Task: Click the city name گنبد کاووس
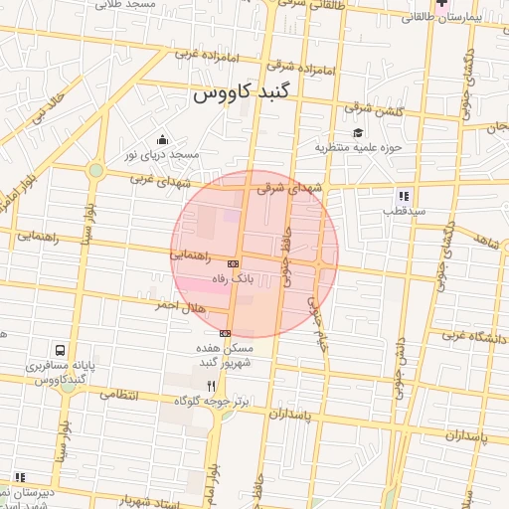[244, 95]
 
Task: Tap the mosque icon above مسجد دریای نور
[162, 139]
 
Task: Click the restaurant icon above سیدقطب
[404, 196]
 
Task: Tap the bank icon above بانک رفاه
[233, 263]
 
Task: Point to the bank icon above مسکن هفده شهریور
[226, 333]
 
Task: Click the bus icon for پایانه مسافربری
[61, 351]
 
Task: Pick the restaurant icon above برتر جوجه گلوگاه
[210, 385]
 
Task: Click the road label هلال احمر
[179, 306]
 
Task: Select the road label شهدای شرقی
[290, 186]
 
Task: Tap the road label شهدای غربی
[153, 178]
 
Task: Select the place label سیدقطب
[407, 212]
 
